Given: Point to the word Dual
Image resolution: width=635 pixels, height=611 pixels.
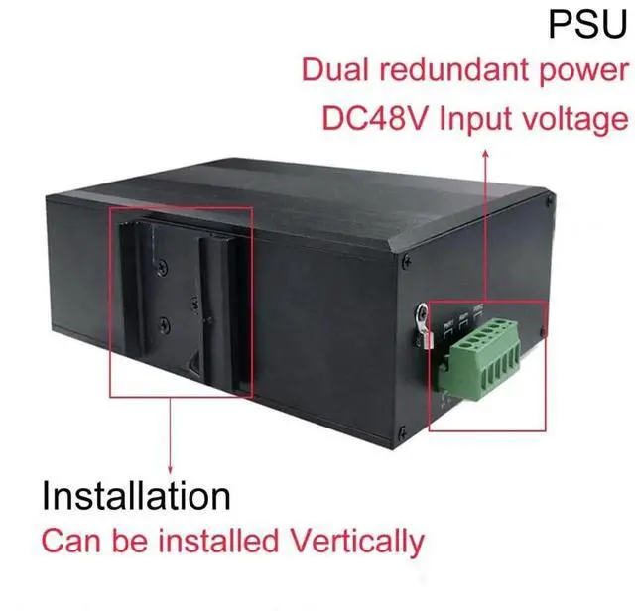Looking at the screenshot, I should pos(335,70).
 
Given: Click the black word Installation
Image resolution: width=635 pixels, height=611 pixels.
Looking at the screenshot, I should pos(136,496).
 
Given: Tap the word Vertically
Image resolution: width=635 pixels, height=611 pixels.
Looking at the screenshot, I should pos(354,542).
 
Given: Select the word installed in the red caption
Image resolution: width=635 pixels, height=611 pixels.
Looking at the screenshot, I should pos(227,542).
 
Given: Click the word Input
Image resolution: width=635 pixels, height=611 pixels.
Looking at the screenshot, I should pos(475,119).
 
